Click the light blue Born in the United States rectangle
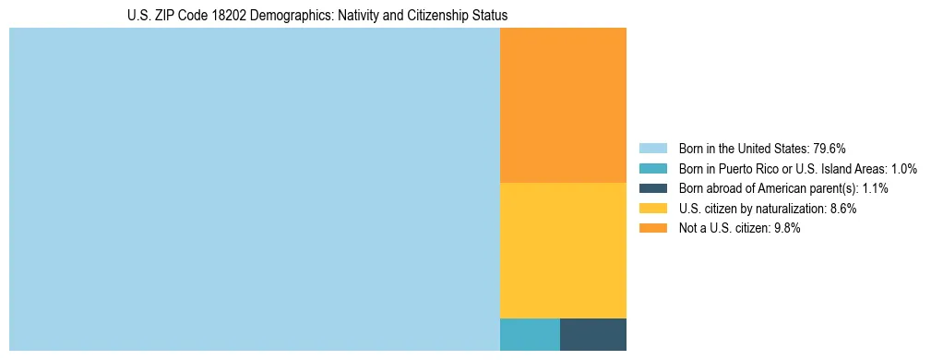[x=254, y=189]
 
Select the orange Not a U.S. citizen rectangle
[x=563, y=105]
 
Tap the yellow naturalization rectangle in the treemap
[x=563, y=250]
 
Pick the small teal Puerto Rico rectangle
[x=530, y=334]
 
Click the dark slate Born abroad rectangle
[x=593, y=334]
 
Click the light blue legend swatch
[x=652, y=148]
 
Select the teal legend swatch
[x=652, y=168]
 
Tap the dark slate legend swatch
[x=652, y=188]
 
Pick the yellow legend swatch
[x=652, y=209]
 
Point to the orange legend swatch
[x=652, y=229]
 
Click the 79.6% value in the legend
[x=830, y=148]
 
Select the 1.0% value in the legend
[x=901, y=168]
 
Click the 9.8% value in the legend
[x=786, y=229]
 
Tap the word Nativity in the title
[x=363, y=16]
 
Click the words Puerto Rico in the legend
[x=749, y=168]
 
